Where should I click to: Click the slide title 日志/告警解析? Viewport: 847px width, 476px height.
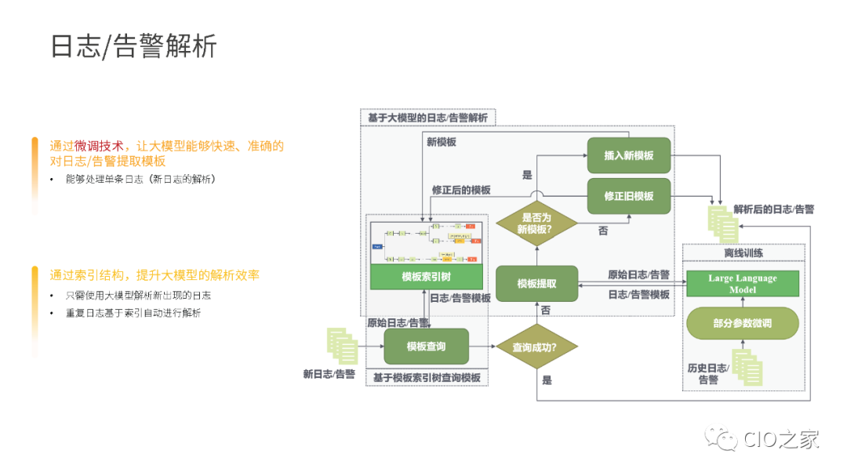133,46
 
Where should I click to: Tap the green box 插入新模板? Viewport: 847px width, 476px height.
629,155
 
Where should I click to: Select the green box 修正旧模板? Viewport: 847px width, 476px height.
629,196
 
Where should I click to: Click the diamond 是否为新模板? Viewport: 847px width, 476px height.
536,223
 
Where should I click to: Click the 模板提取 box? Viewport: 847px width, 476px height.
536,284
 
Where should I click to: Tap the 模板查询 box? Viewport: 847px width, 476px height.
426,346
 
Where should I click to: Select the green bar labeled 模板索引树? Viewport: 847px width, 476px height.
426,277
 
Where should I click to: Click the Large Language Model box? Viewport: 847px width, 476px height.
743,284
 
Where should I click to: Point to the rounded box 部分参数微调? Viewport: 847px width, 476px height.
743,323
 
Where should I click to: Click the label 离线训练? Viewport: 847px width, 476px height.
743,253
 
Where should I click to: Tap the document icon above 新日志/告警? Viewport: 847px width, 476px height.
341,347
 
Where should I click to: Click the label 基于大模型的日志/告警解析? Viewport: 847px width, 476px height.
427,118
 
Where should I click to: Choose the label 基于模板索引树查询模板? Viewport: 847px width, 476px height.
427,378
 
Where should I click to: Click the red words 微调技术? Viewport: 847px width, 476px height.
99,146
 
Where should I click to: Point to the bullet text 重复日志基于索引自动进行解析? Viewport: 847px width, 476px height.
133,313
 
